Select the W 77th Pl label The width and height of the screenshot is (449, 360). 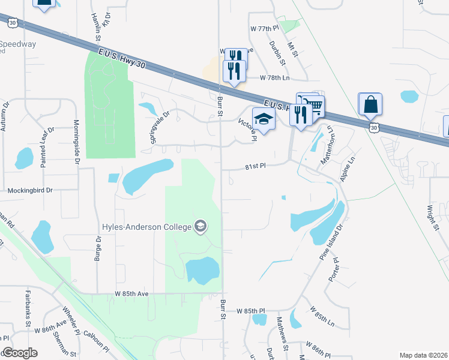click(x=265, y=28)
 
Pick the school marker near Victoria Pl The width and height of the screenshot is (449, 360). click(x=263, y=119)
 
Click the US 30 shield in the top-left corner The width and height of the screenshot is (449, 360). click(x=13, y=22)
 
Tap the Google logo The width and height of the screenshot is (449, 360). click(x=20, y=353)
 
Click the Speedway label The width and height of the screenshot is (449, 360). click(x=17, y=44)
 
